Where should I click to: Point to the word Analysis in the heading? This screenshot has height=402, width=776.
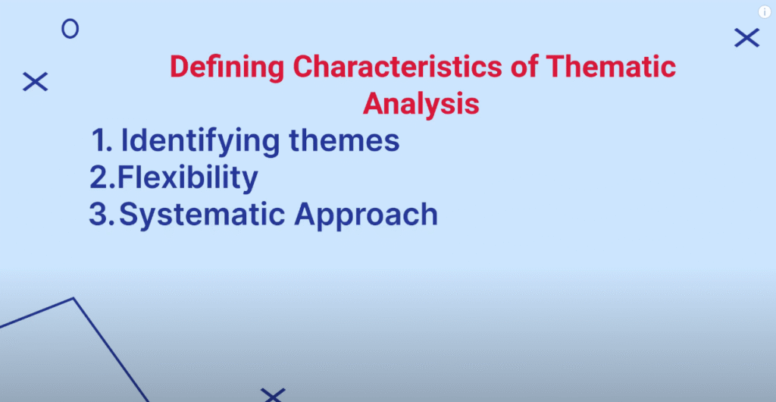(421, 105)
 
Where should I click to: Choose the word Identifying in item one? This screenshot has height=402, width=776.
(200, 142)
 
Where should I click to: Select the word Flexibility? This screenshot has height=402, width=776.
(188, 178)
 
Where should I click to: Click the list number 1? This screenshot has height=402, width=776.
(102, 140)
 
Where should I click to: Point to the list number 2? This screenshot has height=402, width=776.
(102, 177)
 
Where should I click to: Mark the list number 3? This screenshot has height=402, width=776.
(102, 215)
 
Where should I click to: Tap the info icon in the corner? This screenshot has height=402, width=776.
(765, 12)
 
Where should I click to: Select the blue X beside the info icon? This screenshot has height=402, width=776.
(746, 38)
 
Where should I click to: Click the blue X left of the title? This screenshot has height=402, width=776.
(35, 81)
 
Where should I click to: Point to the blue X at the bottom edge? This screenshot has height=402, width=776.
(273, 395)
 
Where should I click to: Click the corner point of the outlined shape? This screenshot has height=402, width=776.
(74, 298)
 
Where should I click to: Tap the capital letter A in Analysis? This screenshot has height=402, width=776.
(374, 103)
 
